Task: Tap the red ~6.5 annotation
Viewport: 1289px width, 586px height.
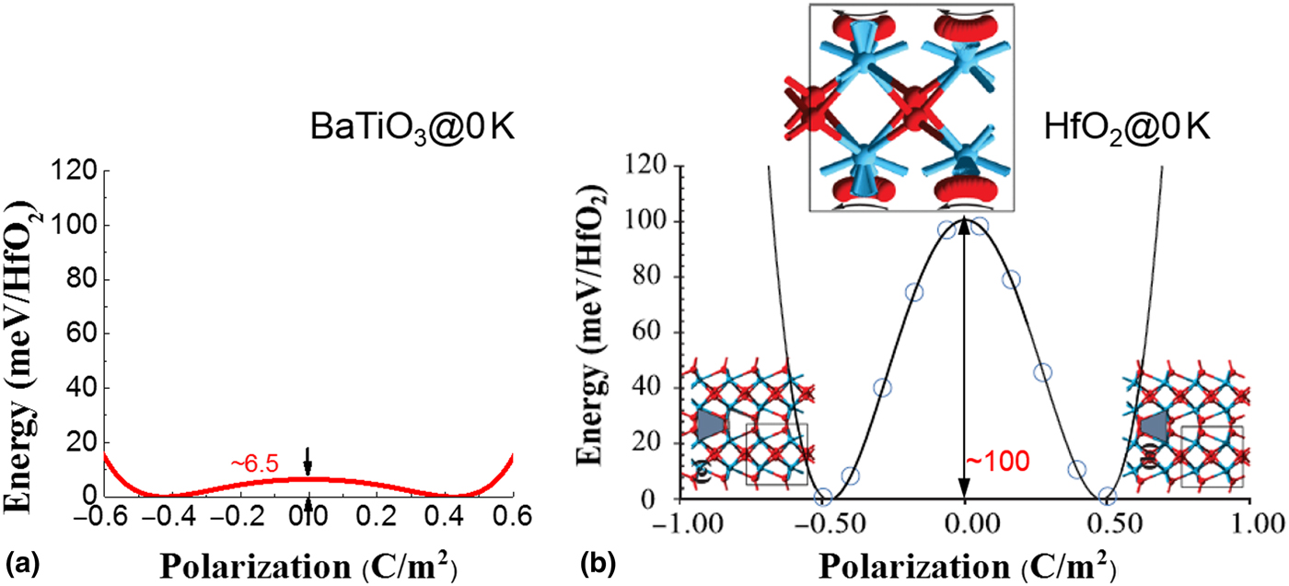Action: tap(253, 466)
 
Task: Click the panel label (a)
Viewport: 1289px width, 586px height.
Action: tap(20, 558)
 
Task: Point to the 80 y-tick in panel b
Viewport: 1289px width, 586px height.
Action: tap(651, 278)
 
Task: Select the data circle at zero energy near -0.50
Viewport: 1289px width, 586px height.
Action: tap(824, 498)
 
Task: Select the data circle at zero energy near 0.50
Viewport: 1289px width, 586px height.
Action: tap(1108, 498)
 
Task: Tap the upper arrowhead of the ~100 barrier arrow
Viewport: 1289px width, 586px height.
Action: tap(964, 225)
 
